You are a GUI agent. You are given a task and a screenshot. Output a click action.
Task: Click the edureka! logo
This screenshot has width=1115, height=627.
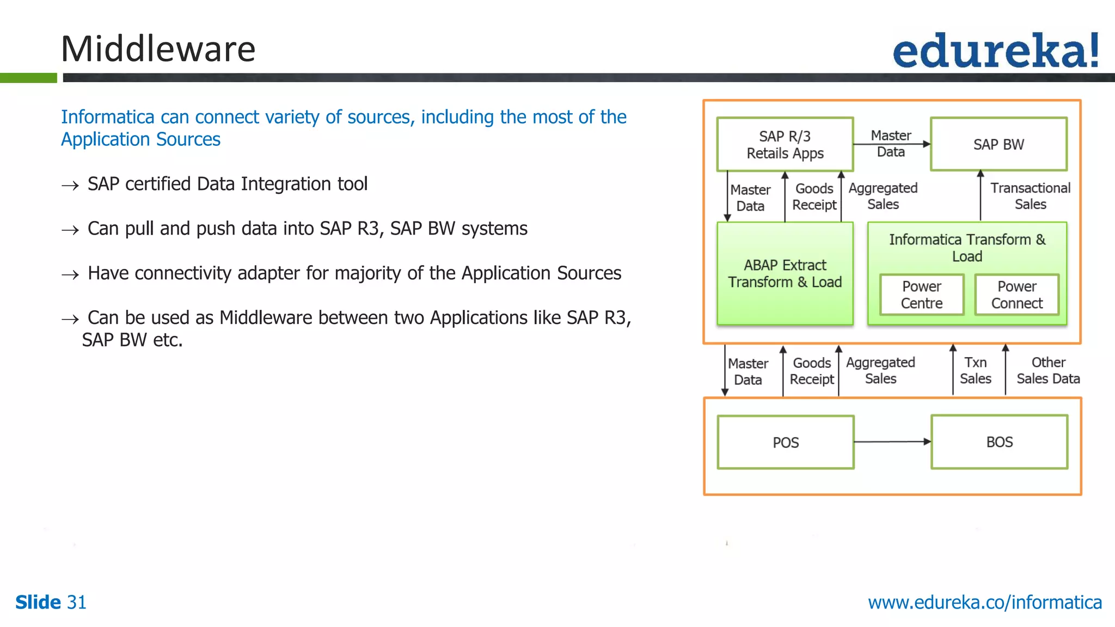tap(995, 51)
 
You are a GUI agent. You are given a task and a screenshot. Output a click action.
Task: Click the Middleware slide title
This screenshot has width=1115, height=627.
tap(158, 49)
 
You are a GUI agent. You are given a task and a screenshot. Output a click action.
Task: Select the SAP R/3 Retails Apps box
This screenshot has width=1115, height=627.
tap(785, 144)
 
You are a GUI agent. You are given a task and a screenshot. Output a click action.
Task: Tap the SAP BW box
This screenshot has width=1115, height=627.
tap(998, 144)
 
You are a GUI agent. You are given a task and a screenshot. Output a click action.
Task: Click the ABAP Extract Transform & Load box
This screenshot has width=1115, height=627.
tap(785, 274)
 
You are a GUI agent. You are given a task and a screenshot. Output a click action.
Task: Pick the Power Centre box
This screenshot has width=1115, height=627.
tap(921, 294)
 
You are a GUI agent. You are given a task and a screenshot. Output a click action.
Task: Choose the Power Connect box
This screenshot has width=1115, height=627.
tap(1016, 294)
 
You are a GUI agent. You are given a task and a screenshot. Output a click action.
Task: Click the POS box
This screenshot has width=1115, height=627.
tap(785, 442)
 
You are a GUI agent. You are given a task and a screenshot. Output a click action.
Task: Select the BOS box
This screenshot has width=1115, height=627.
tap(999, 442)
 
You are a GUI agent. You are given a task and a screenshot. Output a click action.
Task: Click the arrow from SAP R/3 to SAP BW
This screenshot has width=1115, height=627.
tap(892, 144)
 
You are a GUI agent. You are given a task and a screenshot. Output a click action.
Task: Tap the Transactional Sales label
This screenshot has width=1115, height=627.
tap(1030, 196)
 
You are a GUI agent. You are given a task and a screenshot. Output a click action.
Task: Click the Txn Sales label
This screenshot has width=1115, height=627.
tap(975, 371)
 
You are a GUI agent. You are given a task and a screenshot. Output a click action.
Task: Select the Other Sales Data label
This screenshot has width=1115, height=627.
tap(1048, 371)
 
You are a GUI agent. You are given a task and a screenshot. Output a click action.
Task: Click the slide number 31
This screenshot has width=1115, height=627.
tap(76, 603)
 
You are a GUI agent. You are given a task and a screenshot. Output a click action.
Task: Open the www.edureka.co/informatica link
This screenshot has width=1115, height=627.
tap(984, 603)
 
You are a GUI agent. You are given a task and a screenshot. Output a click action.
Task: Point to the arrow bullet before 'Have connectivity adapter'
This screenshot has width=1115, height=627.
tap(70, 275)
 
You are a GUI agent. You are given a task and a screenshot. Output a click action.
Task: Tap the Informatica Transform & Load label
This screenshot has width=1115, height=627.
tap(967, 248)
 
